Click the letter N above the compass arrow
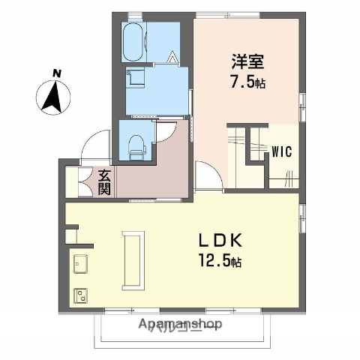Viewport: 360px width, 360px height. point(56,73)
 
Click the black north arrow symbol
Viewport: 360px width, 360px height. point(53,97)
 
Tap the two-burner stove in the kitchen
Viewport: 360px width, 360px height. point(79,294)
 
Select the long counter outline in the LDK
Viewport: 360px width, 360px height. point(136,259)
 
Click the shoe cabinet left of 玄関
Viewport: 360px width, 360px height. point(73,182)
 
